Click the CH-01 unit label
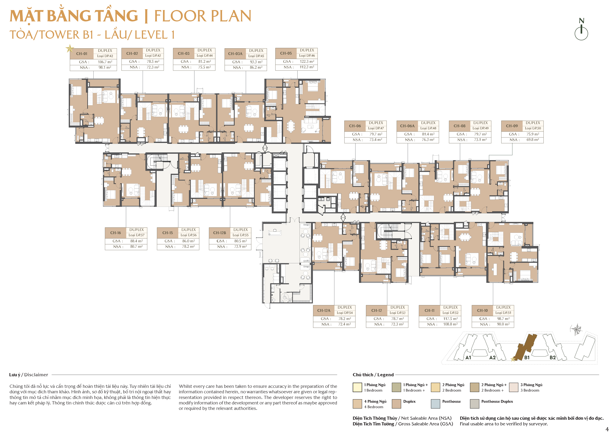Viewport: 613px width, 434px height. (x=82, y=54)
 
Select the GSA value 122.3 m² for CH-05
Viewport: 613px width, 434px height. (x=307, y=62)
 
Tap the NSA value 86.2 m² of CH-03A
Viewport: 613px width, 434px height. (x=256, y=67)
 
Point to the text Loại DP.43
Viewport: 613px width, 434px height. (x=153, y=56)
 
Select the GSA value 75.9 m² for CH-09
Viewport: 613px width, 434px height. (x=533, y=134)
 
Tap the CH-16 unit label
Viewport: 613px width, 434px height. (x=116, y=233)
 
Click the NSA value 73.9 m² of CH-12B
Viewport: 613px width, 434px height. (x=241, y=247)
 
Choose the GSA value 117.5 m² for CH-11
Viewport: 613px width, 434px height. (x=450, y=319)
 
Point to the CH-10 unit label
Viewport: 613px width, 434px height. (x=482, y=311)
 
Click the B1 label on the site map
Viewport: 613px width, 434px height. (x=527, y=358)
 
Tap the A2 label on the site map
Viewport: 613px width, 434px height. (x=492, y=358)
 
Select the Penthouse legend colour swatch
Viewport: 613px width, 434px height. (x=435, y=404)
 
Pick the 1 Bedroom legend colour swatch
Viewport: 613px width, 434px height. (x=357, y=387)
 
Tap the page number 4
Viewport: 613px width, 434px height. (x=607, y=429)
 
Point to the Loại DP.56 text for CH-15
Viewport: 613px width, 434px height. (x=189, y=235)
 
